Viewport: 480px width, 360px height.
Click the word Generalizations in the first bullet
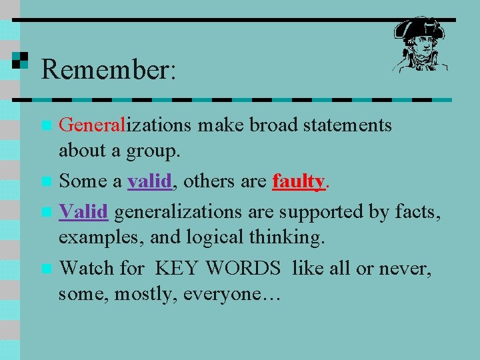coord(125,125)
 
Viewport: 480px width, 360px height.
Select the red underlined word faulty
coord(298,181)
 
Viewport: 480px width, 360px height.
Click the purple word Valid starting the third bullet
coord(83,212)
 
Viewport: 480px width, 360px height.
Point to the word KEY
coord(177,269)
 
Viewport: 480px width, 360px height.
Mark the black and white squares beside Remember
coord(20,60)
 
